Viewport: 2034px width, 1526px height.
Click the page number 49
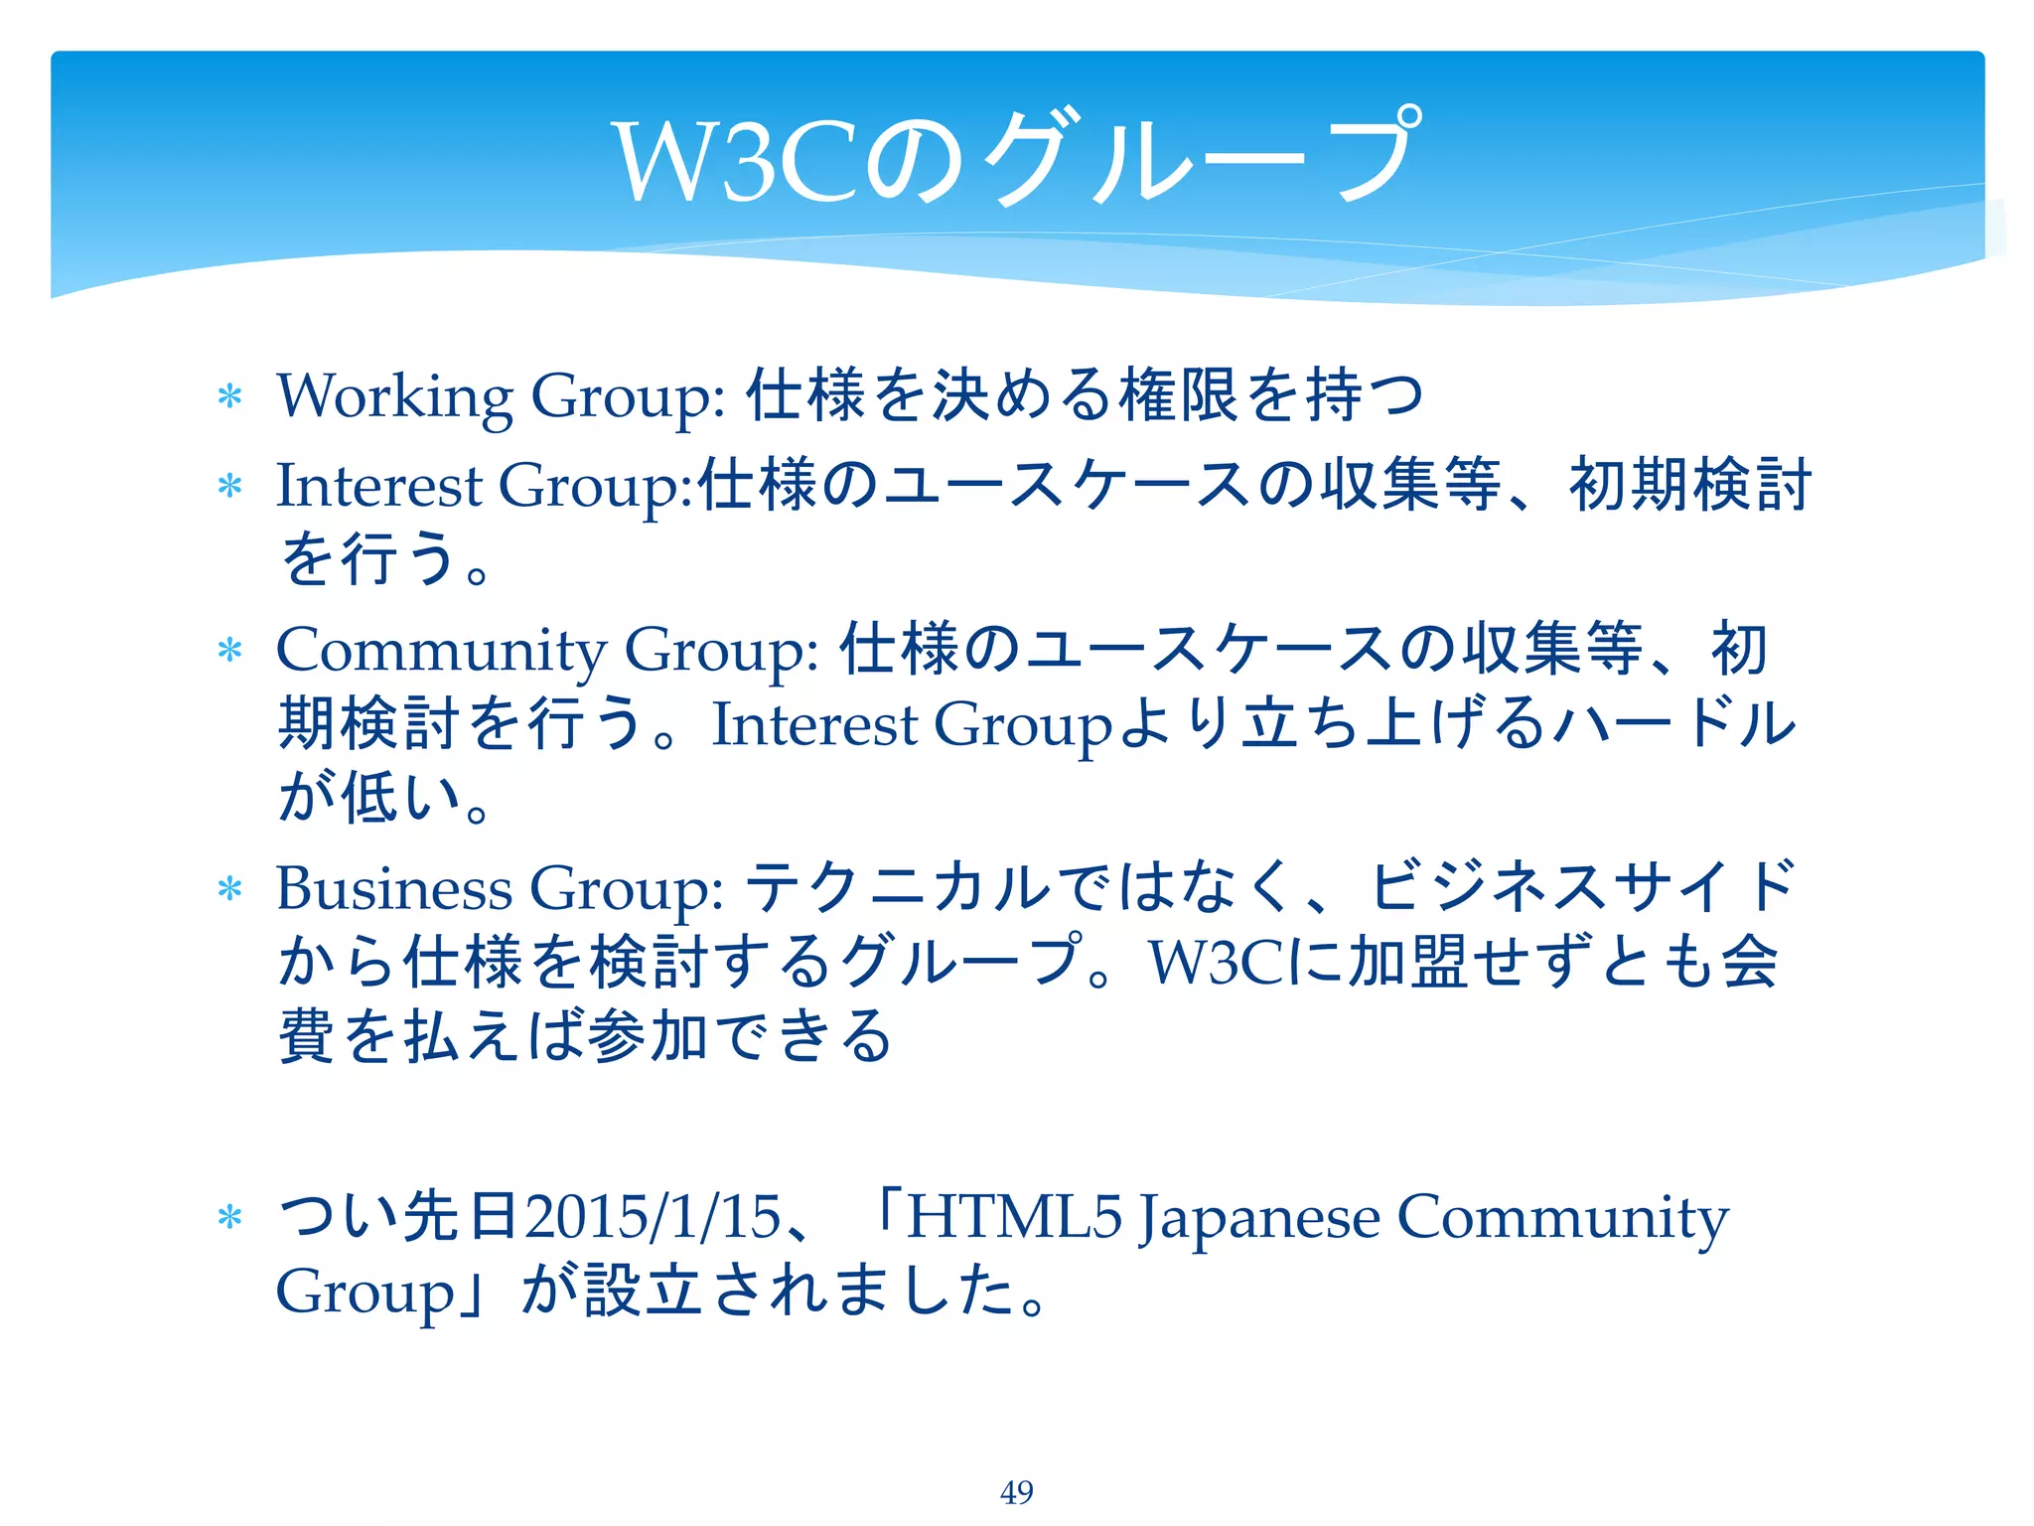click(1016, 1491)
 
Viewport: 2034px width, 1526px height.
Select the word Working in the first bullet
click(394, 396)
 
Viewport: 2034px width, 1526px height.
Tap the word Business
click(393, 887)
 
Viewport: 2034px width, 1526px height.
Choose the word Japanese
click(1258, 1218)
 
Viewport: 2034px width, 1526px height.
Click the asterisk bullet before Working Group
click(229, 397)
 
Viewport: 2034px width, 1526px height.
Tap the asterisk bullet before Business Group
click(229, 889)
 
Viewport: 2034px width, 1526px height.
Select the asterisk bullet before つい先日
click(229, 1217)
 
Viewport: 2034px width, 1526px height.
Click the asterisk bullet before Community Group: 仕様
click(229, 651)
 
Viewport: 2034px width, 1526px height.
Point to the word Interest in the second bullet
click(379, 486)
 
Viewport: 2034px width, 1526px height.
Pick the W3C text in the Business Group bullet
click(1218, 963)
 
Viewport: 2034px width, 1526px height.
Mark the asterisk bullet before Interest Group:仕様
click(229, 487)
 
